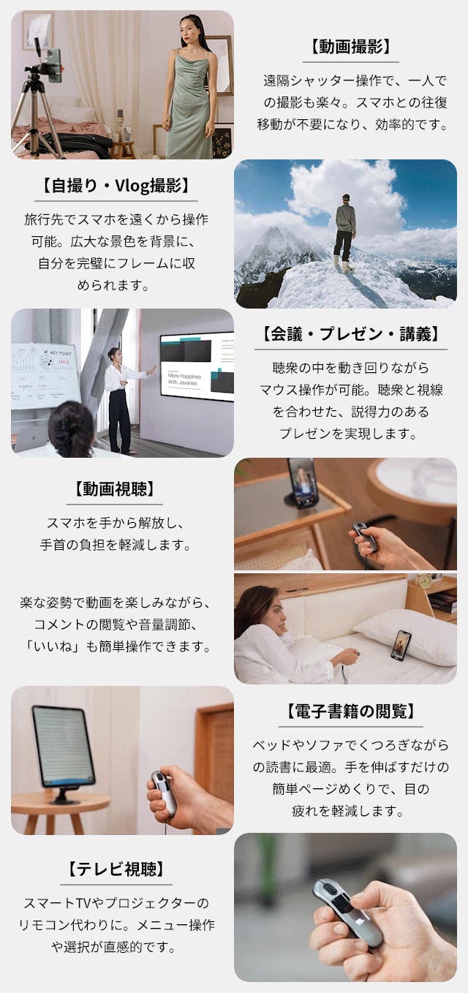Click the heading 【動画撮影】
350,47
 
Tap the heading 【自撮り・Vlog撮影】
116,185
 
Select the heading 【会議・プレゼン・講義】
350,334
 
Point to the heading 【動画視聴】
114,489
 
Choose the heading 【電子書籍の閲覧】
350,711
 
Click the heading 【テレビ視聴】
116,869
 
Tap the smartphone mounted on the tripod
53,64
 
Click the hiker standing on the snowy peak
345,232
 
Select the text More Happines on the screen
184,376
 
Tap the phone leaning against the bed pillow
401,643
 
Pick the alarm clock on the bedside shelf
425,581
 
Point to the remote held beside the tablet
163,793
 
